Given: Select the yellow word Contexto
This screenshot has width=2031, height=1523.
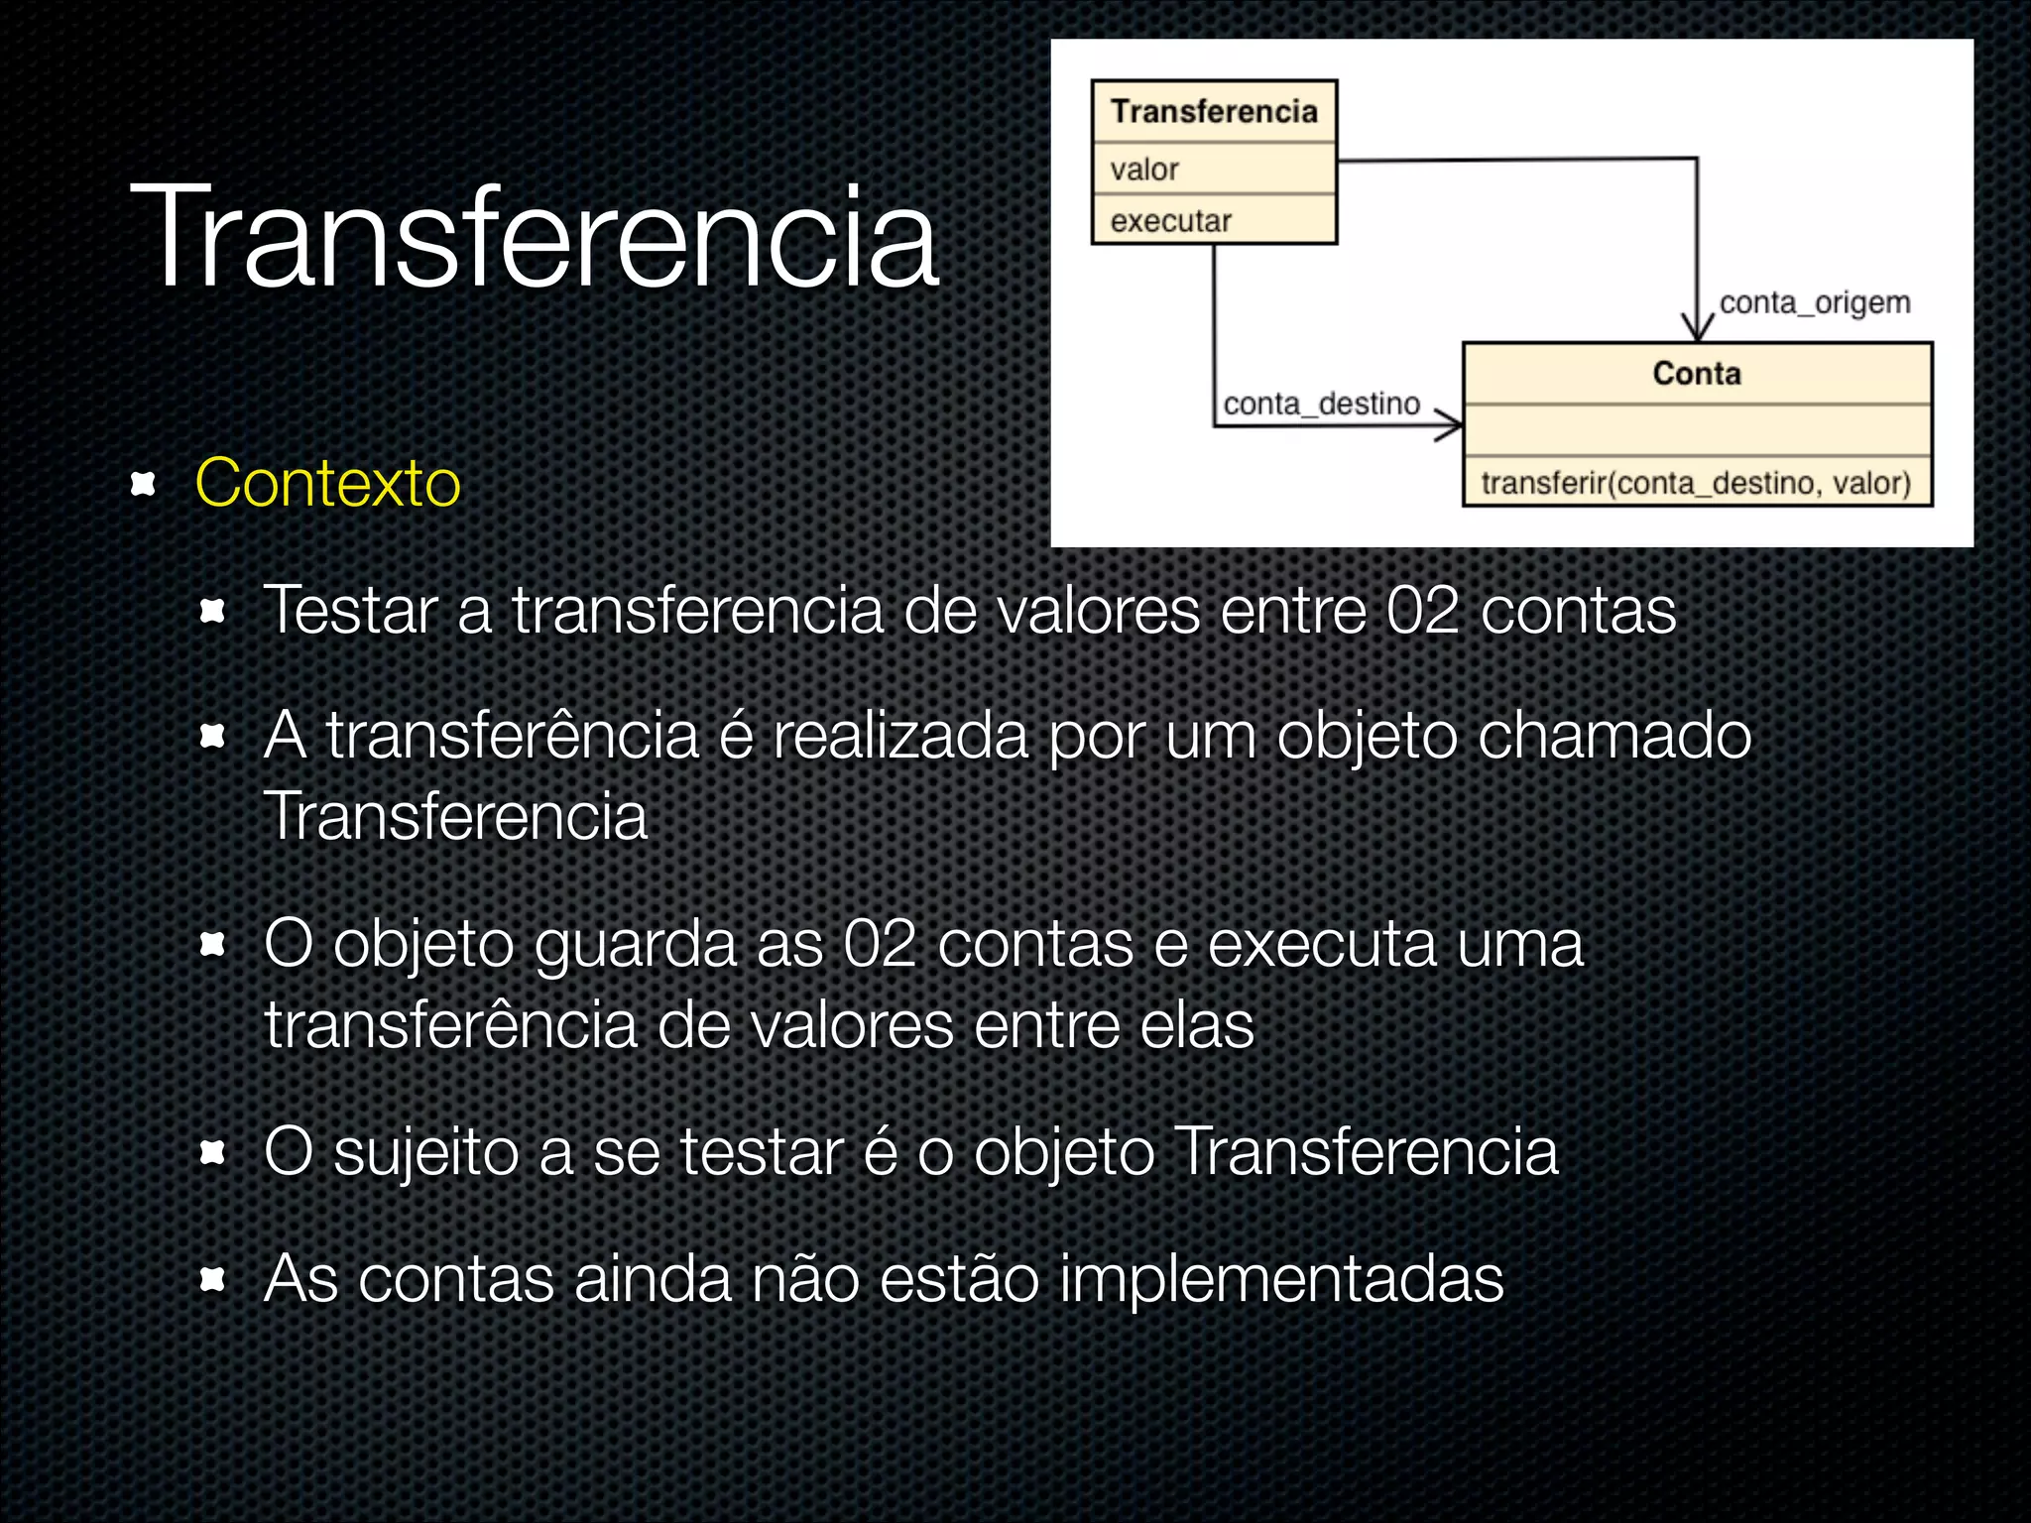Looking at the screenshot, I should [x=327, y=484].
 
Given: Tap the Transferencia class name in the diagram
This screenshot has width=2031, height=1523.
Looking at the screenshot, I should [x=1214, y=111].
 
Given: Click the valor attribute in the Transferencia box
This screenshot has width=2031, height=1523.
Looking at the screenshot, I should [x=1144, y=170].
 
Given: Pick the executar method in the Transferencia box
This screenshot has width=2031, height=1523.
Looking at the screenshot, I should [x=1170, y=221].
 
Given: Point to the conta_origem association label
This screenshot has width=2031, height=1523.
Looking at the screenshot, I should [x=1814, y=302].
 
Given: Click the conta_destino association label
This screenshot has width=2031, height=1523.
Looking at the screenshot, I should [x=1321, y=404].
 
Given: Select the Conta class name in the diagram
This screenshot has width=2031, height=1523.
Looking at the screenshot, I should [x=1697, y=374].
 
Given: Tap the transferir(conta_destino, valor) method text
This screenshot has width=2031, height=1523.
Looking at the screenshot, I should [x=1696, y=483].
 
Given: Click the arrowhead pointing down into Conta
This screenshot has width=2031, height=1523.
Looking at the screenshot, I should [x=1698, y=328].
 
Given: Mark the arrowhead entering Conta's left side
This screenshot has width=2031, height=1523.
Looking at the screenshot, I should [x=1450, y=425].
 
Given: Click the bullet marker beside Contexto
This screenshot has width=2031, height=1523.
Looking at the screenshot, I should [x=144, y=484].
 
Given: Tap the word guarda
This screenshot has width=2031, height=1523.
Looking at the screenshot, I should [x=635, y=944].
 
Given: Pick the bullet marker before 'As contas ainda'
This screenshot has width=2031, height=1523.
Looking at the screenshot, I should [x=212, y=1279].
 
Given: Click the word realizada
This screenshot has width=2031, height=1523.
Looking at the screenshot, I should [x=900, y=736].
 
